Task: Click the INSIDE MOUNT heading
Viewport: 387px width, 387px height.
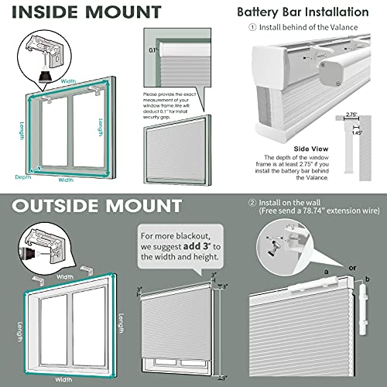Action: coord(81,12)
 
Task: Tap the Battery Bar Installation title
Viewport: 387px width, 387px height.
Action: coord(313,12)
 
